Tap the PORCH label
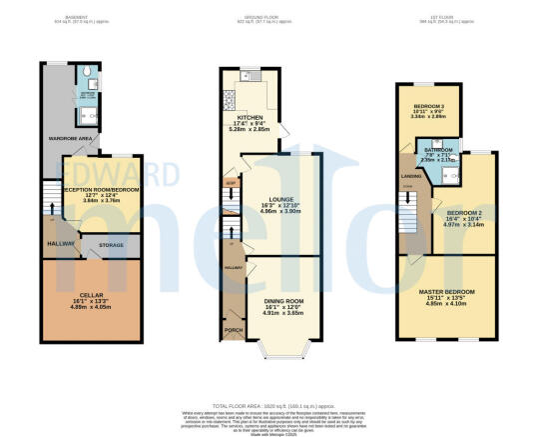[x=232, y=328]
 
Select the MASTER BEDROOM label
[x=447, y=291]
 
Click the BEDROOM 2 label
[x=464, y=213]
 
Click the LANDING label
[x=408, y=177]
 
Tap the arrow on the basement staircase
[x=47, y=206]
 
